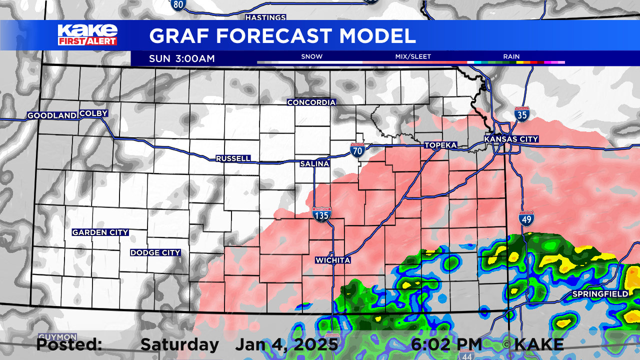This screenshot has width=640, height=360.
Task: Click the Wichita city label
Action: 332,260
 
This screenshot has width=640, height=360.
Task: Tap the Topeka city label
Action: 440,145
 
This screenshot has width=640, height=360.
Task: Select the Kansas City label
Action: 511,139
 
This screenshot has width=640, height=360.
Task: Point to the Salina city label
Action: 314,163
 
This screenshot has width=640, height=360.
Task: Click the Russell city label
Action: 233,158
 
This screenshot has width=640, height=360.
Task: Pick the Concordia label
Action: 311,102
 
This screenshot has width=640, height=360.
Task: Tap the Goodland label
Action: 52,115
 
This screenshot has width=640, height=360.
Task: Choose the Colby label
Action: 93,113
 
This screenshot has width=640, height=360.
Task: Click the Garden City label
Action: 100,232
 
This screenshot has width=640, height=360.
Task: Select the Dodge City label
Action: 155,253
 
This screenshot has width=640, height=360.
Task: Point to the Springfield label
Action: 600,294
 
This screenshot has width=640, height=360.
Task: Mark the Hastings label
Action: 265,17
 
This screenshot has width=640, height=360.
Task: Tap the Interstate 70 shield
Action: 357,150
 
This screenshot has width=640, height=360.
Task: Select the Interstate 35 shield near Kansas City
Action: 521,114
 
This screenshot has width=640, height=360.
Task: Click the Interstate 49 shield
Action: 527,217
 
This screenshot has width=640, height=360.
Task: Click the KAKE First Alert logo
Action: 87,35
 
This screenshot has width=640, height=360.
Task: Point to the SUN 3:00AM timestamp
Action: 181,58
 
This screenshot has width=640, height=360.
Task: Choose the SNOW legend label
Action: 311,57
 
